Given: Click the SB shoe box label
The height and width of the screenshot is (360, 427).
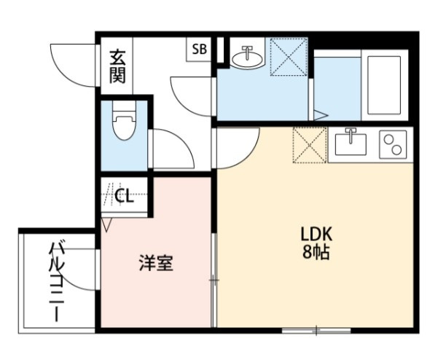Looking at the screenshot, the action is click(200, 50).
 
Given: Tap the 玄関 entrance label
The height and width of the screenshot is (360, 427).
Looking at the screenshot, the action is click(117, 66).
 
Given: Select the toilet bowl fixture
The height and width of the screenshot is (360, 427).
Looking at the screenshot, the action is click(124, 120).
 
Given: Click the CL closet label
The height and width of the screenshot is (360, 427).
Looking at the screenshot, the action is click(124, 195).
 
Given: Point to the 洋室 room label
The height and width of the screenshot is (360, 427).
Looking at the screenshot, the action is click(156, 263).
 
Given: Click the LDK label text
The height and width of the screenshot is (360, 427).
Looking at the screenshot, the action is click(316, 234).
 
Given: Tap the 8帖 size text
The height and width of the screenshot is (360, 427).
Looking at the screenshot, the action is click(316, 251).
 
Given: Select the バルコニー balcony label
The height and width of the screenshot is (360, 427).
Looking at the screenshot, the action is click(57, 281).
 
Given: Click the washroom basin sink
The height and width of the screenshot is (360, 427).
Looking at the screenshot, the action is click(248, 56).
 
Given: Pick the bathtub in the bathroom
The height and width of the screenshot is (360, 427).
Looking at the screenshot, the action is click(384, 85).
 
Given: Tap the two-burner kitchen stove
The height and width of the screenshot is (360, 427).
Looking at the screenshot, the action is click(393, 144).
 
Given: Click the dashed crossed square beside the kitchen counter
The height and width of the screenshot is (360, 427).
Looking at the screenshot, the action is click(310, 145).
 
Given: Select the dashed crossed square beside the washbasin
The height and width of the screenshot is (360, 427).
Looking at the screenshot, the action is click(289, 57).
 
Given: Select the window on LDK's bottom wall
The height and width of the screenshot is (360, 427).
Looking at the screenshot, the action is click(316, 331).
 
